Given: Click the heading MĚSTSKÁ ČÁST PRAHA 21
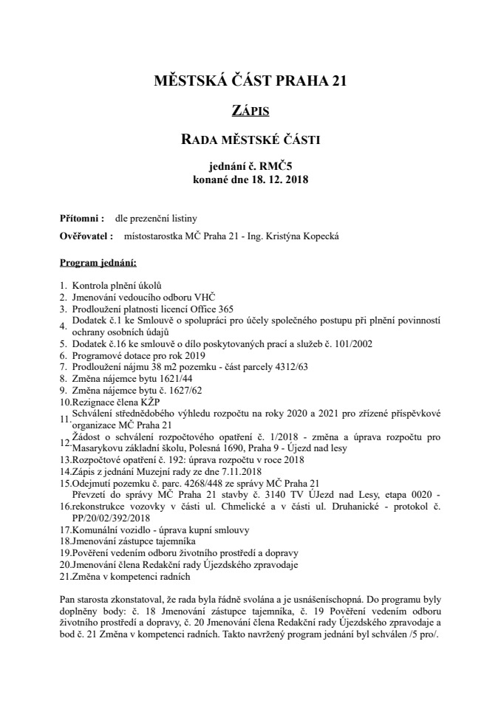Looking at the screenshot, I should point(250,81).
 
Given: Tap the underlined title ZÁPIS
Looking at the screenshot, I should point(250,111).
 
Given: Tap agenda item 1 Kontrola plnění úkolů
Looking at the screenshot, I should point(116,285).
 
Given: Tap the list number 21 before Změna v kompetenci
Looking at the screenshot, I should point(64,576).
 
